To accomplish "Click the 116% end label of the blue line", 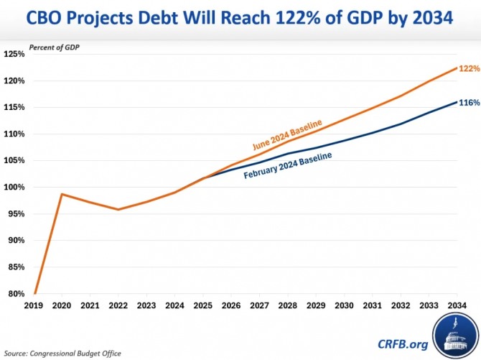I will [469, 103].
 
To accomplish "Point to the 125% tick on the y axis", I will [14, 54].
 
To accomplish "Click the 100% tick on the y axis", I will [14, 187].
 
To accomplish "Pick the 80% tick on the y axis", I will [15, 294].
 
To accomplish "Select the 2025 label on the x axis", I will [203, 305].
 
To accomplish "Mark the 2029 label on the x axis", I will [315, 305].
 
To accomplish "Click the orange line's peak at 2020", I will [63, 194].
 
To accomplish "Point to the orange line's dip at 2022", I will [119, 209].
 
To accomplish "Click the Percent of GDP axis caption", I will [54, 48].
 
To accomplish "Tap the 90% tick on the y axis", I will [15, 241].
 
